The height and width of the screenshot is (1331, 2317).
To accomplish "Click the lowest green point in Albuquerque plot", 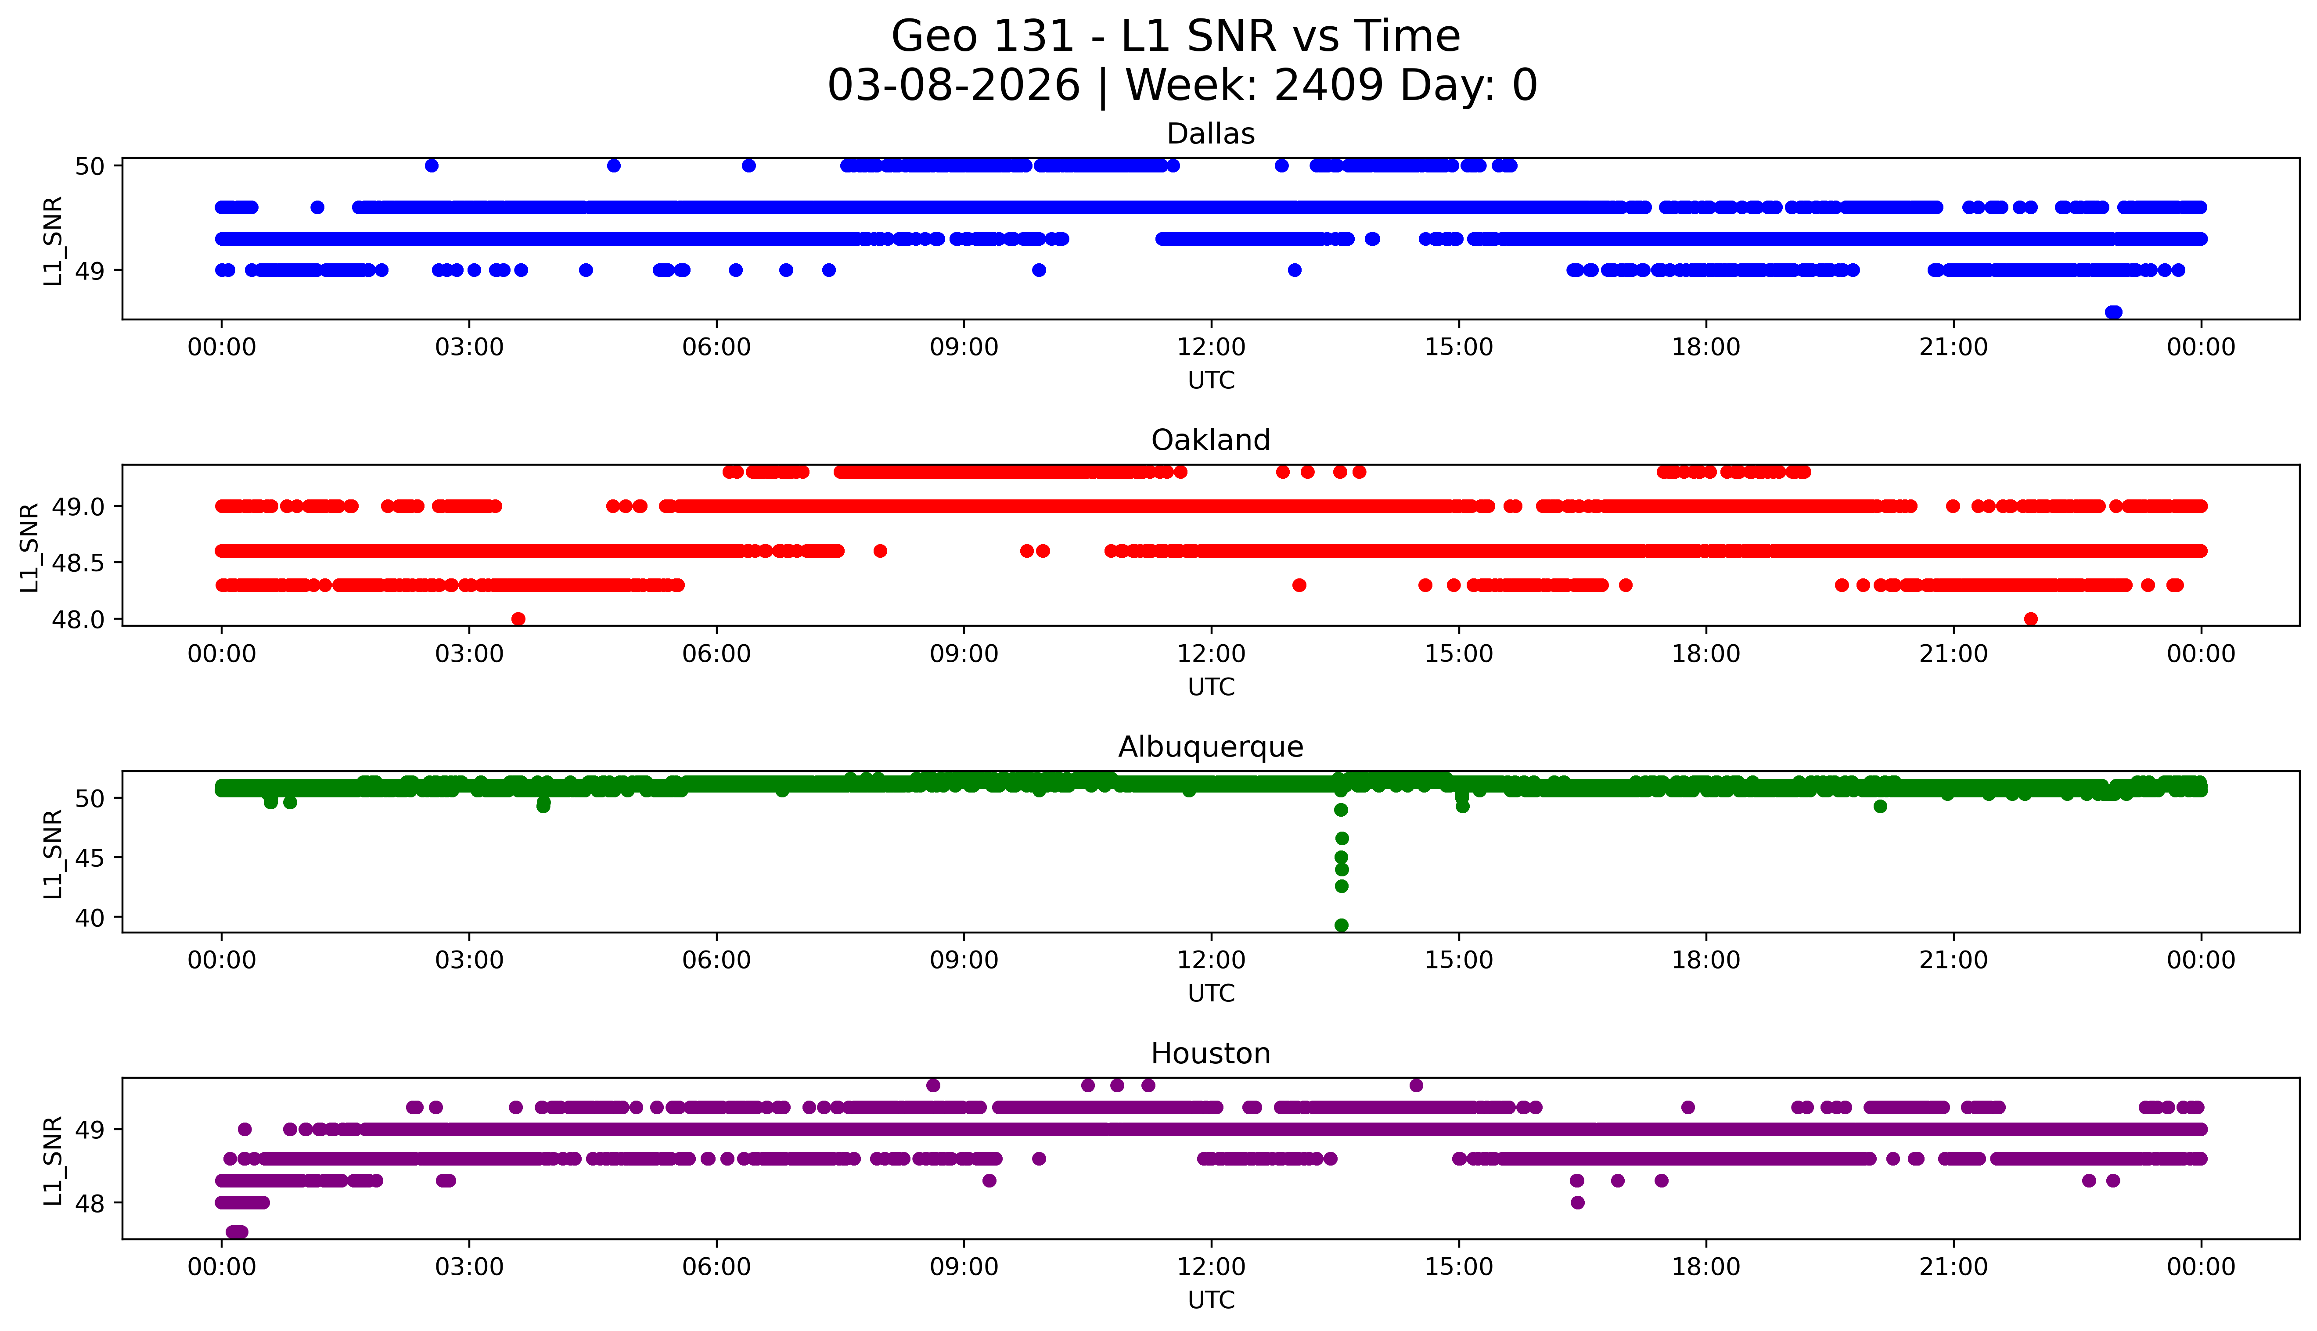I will [x=1342, y=925].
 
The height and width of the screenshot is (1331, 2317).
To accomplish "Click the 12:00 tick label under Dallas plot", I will [x=1211, y=348].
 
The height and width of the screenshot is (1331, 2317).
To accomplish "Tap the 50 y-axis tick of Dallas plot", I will [x=90, y=166].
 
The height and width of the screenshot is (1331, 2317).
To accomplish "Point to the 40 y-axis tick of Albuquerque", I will [x=90, y=918].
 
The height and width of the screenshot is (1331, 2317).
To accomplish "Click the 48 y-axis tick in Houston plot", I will [x=90, y=1203].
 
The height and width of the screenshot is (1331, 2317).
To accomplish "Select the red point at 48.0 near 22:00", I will [x=2031, y=619].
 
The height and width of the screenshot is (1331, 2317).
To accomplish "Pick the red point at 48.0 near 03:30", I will [x=518, y=619].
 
